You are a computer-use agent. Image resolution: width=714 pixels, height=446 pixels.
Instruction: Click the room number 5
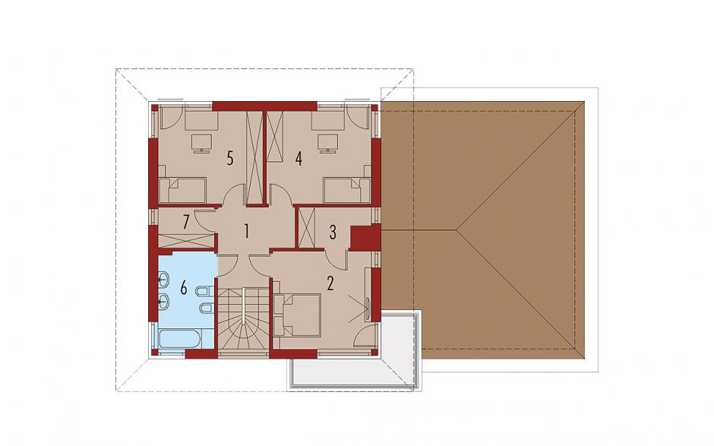[230, 159]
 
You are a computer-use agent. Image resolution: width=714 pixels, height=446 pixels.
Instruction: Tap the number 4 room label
[299, 159]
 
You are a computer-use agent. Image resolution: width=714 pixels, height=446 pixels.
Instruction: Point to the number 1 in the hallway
[246, 231]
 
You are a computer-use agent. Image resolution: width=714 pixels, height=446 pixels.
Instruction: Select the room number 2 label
[330, 283]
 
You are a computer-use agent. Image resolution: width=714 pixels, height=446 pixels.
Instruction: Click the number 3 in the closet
[333, 232]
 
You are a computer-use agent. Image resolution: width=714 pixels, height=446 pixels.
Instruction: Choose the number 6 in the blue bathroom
[184, 287]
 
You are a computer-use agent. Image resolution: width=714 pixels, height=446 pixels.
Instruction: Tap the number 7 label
[185, 223]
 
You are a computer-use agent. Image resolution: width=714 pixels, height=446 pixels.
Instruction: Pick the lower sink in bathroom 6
[164, 301]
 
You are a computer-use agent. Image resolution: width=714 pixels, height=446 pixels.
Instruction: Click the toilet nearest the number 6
[202, 290]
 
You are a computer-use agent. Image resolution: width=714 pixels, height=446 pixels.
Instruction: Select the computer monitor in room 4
[327, 144]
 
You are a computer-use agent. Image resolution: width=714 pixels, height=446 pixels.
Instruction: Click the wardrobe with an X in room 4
[274, 136]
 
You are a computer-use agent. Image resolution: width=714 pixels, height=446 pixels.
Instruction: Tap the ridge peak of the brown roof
[457, 230]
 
